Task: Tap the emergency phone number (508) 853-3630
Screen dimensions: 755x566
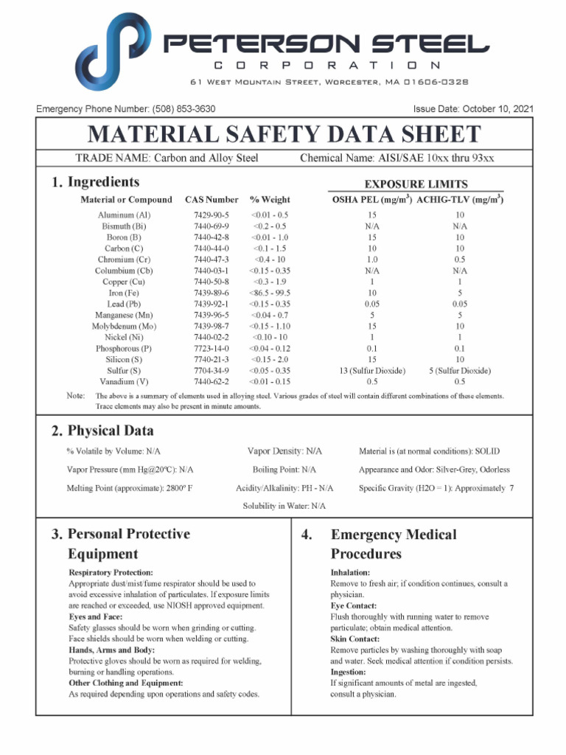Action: point(184,109)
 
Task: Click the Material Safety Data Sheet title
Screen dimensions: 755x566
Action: point(284,135)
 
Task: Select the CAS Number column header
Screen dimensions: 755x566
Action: point(212,200)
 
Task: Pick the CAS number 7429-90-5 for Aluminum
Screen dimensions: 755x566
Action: point(212,215)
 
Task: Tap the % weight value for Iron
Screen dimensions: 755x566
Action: point(270,293)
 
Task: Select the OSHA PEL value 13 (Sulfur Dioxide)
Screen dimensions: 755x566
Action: point(372,371)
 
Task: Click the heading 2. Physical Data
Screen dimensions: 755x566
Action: point(102,431)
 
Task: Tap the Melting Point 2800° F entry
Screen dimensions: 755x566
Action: point(130,488)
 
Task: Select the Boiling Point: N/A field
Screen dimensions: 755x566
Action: point(284,470)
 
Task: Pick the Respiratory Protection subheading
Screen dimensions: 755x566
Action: point(111,573)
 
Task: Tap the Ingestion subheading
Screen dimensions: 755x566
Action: point(348,672)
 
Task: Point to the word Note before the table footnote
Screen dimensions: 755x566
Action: point(75,397)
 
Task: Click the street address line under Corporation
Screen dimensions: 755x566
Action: point(329,82)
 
